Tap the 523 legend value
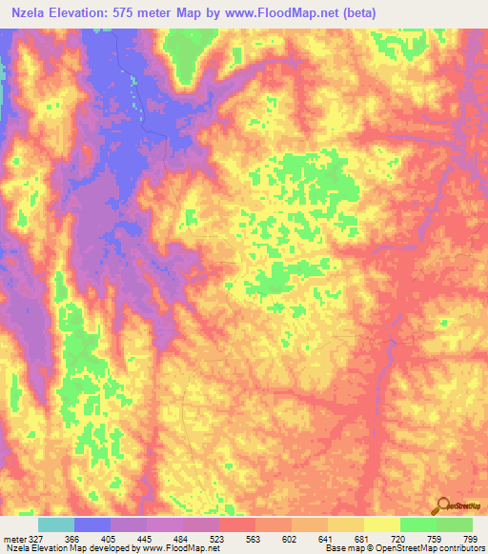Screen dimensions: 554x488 tap(219, 539)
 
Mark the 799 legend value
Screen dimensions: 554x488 tap(471, 539)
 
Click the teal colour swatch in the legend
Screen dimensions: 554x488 tap(56, 524)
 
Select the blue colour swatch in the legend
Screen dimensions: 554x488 tap(92, 524)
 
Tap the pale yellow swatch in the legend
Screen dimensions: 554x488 tap(382, 524)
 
